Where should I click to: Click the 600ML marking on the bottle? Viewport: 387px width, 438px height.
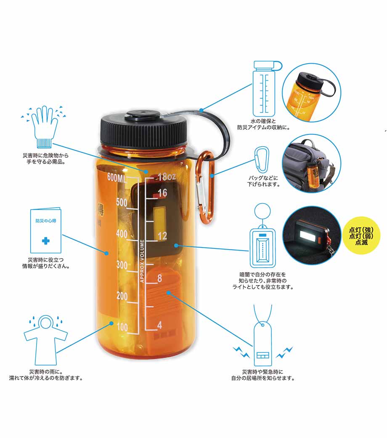tap(117, 178)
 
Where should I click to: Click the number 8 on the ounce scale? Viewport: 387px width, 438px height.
tap(159, 278)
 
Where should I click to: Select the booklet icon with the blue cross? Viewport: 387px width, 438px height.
tap(45, 229)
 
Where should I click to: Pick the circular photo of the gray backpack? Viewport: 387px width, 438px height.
tap(312, 164)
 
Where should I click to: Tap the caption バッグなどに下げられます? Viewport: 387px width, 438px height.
tap(263, 181)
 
